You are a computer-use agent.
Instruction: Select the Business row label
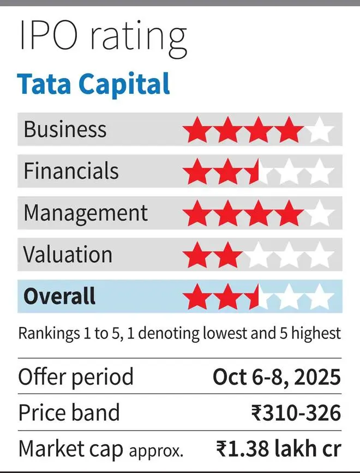[x=65, y=130]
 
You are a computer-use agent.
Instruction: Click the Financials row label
[x=71, y=171]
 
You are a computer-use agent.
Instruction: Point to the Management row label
[x=86, y=213]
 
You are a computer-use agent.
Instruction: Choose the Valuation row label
[x=68, y=254]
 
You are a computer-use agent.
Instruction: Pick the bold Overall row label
[x=59, y=296]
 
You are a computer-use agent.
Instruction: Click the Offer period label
[x=76, y=377]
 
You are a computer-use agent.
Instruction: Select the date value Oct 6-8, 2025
[x=277, y=377]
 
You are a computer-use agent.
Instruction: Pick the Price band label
[x=69, y=413]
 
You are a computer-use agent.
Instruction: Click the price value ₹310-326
[x=296, y=413]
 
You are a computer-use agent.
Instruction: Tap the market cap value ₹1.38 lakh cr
[x=278, y=448]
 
